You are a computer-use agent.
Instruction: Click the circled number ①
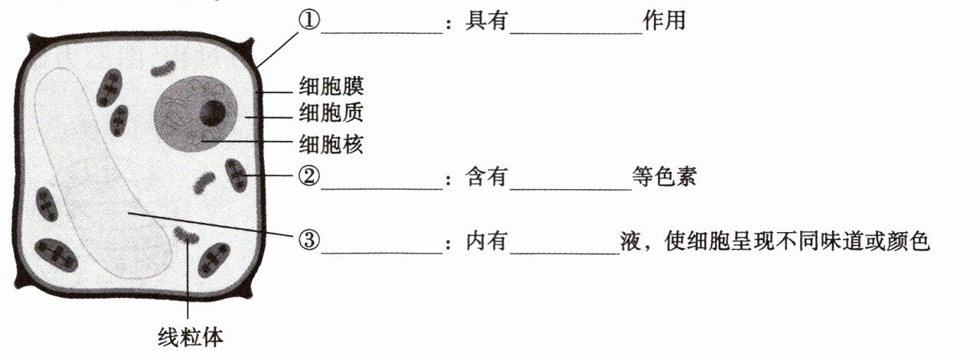tap(308, 21)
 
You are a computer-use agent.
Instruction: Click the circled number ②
tap(308, 177)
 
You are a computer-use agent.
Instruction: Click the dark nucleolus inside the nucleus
tap(212, 113)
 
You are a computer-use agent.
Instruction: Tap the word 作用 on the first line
tap(664, 21)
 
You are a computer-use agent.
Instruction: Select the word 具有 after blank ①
tap(487, 21)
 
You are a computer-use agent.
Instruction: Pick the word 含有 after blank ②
tap(487, 178)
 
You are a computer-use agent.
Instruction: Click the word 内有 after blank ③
tap(487, 241)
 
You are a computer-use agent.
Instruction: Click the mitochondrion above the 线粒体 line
tap(186, 234)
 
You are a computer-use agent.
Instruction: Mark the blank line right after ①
tap(378, 31)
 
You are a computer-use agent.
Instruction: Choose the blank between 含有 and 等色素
tap(570, 187)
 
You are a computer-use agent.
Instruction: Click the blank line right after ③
tap(378, 250)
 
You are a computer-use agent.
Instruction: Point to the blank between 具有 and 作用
tap(576, 31)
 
